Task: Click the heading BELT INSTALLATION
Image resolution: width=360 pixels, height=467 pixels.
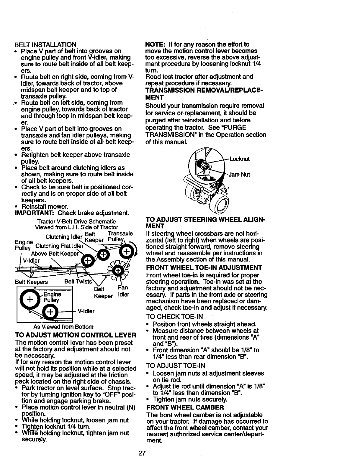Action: [45, 45]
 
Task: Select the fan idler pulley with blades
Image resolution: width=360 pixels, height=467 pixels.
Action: [118, 271]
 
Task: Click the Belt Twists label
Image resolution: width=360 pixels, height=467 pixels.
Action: [78, 281]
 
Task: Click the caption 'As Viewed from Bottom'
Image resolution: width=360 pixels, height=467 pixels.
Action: [63, 327]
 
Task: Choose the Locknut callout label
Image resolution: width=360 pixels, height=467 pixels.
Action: [240, 159]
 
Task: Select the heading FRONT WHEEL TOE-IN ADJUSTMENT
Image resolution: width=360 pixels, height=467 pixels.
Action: [204, 268]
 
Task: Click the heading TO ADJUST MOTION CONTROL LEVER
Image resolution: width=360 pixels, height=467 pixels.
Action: [75, 335]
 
